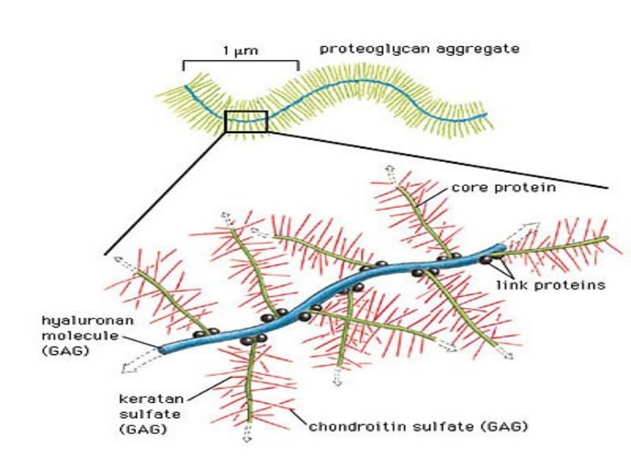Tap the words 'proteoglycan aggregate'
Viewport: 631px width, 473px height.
[x=419, y=49]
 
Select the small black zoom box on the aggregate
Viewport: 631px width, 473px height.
[x=246, y=121]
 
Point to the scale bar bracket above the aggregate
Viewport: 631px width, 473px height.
[x=240, y=63]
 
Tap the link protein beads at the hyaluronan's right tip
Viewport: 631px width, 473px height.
[x=487, y=260]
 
